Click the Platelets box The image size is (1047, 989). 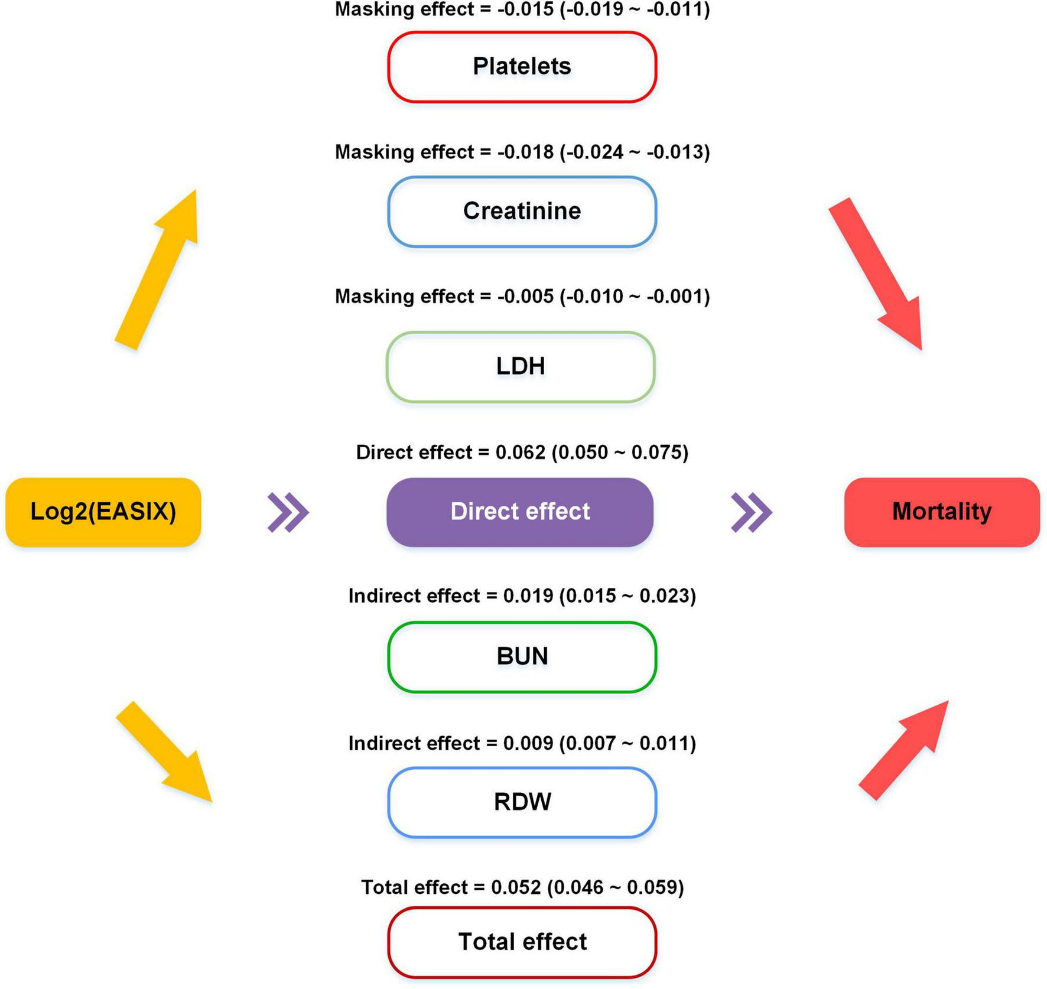click(522, 67)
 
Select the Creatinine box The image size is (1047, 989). click(522, 212)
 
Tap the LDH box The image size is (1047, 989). click(521, 367)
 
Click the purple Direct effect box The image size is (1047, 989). click(520, 512)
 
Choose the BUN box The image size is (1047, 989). click(522, 657)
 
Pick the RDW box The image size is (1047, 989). click(522, 802)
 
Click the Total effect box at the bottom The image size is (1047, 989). click(522, 942)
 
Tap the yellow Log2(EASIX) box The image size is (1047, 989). click(103, 512)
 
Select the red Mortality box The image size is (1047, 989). click(942, 512)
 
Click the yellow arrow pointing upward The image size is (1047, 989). click(156, 269)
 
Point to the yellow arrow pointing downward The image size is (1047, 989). click(164, 751)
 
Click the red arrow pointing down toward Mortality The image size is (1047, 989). click(876, 274)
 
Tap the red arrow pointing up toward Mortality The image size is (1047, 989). click(903, 750)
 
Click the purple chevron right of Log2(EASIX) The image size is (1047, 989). click(288, 512)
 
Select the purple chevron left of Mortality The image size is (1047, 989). click(752, 512)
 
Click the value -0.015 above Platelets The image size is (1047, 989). click(525, 9)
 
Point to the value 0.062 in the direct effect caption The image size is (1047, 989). click(521, 453)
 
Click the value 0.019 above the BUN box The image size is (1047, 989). click(528, 596)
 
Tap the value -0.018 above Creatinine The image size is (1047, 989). click(525, 152)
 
